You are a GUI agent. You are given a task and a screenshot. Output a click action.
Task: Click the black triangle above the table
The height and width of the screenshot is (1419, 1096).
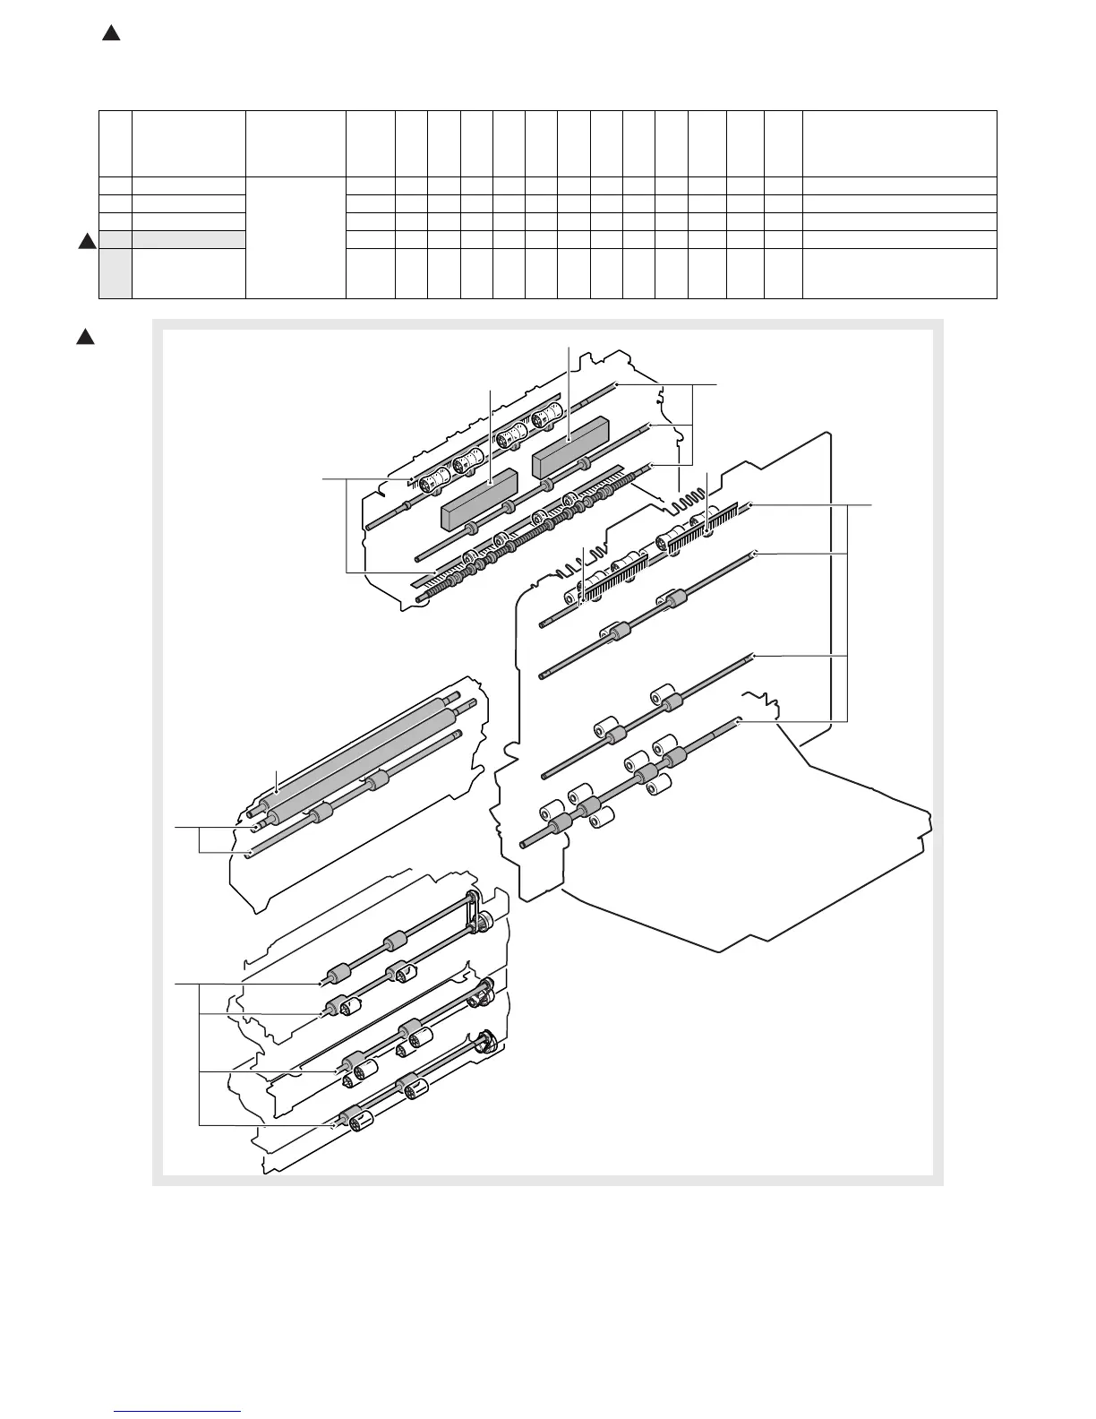[111, 34]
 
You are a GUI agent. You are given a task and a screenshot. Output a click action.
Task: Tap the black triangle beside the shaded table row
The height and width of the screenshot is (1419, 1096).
[88, 240]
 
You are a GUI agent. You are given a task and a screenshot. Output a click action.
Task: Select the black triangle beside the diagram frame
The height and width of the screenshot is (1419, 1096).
[84, 337]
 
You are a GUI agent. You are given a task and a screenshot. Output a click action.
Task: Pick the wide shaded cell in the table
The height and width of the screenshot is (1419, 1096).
[189, 239]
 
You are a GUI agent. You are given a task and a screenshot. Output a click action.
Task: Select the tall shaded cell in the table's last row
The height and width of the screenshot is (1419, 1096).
[116, 273]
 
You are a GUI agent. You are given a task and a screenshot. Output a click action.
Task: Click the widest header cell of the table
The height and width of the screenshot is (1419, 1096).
[899, 144]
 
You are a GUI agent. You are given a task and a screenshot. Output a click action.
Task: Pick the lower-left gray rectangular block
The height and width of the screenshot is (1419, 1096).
[481, 500]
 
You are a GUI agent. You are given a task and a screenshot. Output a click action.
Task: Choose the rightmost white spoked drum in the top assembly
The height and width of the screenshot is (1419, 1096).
[544, 420]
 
